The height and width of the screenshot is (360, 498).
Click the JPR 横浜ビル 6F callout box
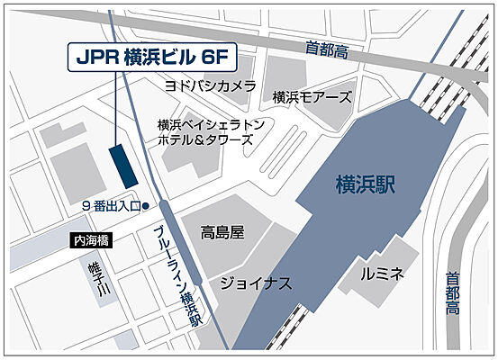tap(151, 57)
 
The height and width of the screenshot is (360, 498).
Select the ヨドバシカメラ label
tap(209, 85)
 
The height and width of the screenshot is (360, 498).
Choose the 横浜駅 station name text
tap(366, 185)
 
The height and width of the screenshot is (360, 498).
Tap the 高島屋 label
tap(222, 232)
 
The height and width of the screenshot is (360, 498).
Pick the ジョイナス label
tap(255, 283)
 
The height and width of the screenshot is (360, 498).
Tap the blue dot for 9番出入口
tap(144, 207)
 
